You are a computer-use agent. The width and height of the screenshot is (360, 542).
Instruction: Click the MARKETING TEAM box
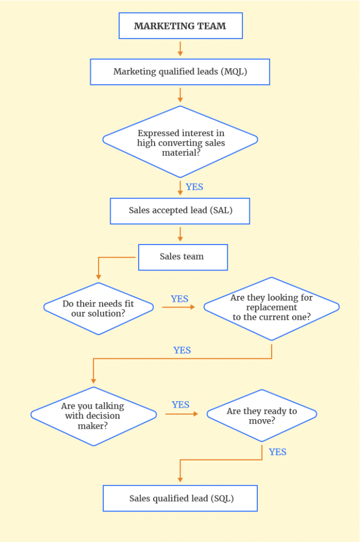[x=180, y=26]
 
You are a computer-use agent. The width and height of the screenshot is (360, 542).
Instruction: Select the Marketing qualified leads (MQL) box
[x=180, y=72]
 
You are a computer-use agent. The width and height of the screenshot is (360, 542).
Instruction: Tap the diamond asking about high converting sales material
[x=180, y=142]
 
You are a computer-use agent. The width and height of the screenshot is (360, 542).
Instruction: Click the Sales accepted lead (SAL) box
[x=180, y=211]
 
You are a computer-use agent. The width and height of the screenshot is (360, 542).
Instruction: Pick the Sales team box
[x=183, y=257]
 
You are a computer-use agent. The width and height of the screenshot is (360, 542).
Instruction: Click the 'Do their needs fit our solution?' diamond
[x=98, y=308]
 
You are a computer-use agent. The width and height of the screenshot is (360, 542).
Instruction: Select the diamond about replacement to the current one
[x=271, y=308]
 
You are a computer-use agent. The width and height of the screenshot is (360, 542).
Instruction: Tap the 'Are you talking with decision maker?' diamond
[x=94, y=415]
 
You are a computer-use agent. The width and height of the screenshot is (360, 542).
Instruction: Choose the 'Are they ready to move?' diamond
[x=262, y=415]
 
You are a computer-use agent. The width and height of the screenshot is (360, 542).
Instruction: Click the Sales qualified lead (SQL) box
[x=180, y=499]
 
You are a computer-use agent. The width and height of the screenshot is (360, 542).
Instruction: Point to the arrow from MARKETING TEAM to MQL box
[x=180, y=49]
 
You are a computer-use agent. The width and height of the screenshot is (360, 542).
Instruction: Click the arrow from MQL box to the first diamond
[x=180, y=95]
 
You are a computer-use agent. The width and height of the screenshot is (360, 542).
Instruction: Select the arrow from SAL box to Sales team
[x=180, y=233]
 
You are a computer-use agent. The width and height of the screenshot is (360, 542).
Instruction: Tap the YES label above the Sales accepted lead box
[x=194, y=187]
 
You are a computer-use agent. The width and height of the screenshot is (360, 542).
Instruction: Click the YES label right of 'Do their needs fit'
[x=179, y=299]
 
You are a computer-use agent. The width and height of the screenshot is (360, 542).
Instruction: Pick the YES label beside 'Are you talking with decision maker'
[x=181, y=405]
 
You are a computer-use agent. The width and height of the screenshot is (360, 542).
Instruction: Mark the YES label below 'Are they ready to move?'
[x=277, y=452]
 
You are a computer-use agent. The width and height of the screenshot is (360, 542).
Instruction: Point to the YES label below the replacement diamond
[x=182, y=350]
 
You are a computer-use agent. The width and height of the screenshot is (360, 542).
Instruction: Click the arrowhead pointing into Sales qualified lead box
[x=180, y=479]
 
